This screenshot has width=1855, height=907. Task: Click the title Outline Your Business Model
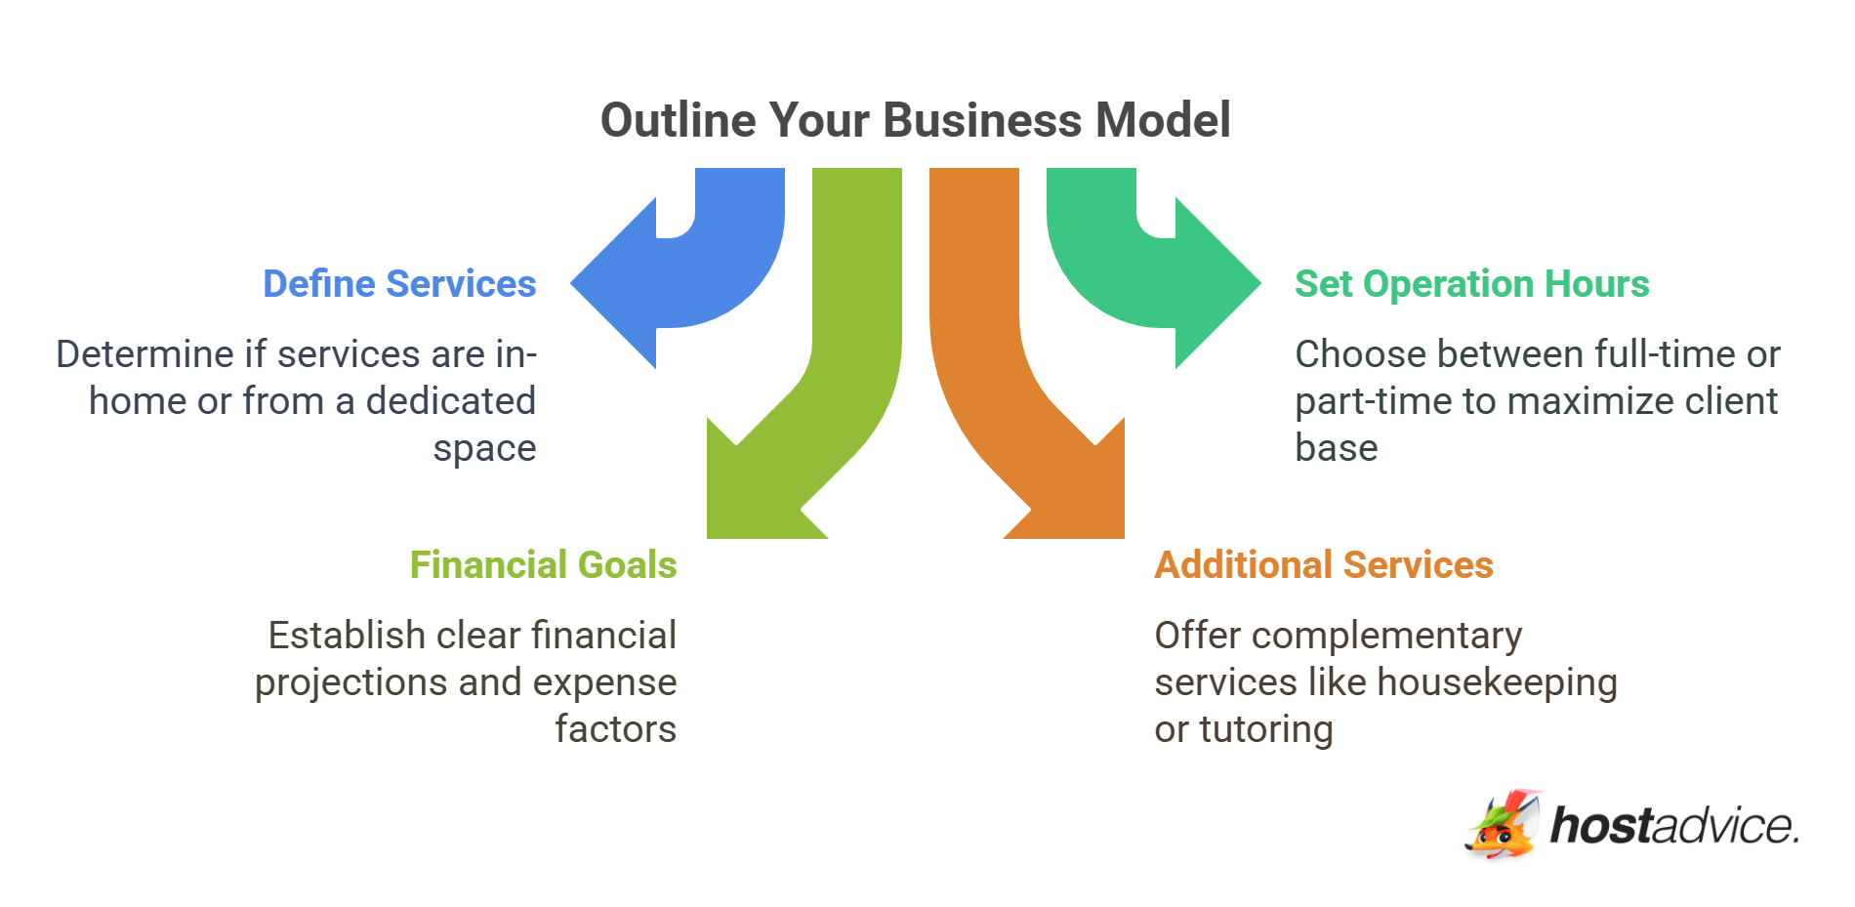(x=915, y=121)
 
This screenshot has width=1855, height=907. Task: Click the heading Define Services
(x=399, y=284)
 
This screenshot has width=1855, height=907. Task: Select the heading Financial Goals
(x=543, y=565)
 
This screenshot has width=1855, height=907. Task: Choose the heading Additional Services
(x=1323, y=565)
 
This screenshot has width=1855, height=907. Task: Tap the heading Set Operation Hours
(x=1471, y=284)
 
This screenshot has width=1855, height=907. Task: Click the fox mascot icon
(x=1503, y=825)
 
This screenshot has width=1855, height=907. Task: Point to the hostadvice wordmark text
(x=1673, y=826)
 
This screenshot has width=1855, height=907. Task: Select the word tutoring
(x=1265, y=729)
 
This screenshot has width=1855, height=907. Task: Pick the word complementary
(x=1386, y=637)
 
